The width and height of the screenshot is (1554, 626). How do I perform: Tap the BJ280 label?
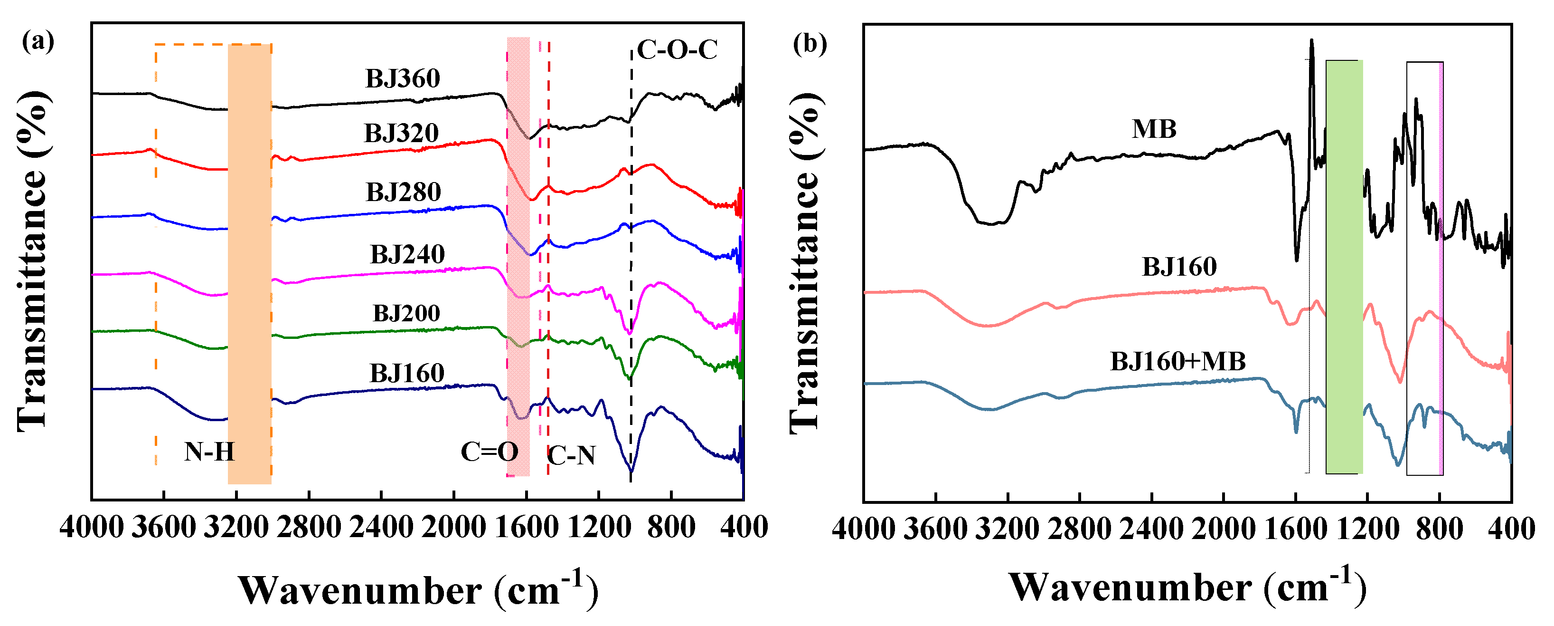[403, 193]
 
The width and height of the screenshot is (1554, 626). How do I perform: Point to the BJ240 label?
[407, 255]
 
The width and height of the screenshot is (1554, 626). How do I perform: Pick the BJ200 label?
[406, 313]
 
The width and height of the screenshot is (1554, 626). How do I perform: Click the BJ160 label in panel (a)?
[406, 374]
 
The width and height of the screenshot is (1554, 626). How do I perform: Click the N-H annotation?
[209, 452]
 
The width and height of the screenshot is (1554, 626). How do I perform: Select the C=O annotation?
[489, 452]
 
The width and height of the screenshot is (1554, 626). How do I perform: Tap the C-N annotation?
[571, 456]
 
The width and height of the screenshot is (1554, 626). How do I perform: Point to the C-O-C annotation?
[677, 49]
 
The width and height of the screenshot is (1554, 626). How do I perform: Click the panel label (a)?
[38, 42]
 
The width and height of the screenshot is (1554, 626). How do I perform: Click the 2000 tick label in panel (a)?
[453, 528]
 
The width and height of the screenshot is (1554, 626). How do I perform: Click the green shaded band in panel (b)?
[1344, 266]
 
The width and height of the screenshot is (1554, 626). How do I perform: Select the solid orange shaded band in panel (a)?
[249, 263]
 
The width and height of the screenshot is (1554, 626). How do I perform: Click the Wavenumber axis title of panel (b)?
[1187, 587]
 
